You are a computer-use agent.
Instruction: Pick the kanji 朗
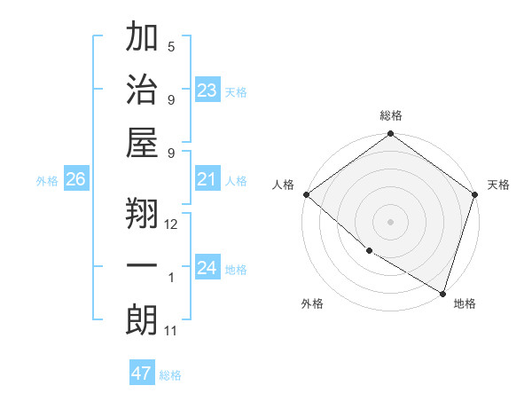pyautogui.click(x=142, y=320)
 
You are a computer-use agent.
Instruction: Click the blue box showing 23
pyautogui.click(x=207, y=90)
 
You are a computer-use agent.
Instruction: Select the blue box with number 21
pyautogui.click(x=207, y=180)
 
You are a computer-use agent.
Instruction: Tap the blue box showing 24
pyautogui.click(x=207, y=268)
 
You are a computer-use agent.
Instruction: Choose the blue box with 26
pyautogui.click(x=75, y=180)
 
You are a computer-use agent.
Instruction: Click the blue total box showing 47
pyautogui.click(x=142, y=374)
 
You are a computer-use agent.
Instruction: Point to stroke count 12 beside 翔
pyautogui.click(x=171, y=224)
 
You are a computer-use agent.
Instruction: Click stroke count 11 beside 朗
pyautogui.click(x=171, y=331)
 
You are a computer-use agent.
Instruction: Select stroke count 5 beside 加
pyautogui.click(x=171, y=47)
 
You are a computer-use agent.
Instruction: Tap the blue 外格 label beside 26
pyautogui.click(x=47, y=181)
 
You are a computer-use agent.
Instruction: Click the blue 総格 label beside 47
pyautogui.click(x=171, y=374)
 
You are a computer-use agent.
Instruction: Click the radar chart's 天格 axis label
pyautogui.click(x=498, y=185)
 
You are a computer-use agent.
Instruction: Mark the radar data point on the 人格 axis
pyautogui.click(x=306, y=194)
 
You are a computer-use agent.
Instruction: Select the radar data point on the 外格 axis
pyautogui.click(x=369, y=250)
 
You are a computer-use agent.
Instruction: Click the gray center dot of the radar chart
pyautogui.click(x=390, y=221)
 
